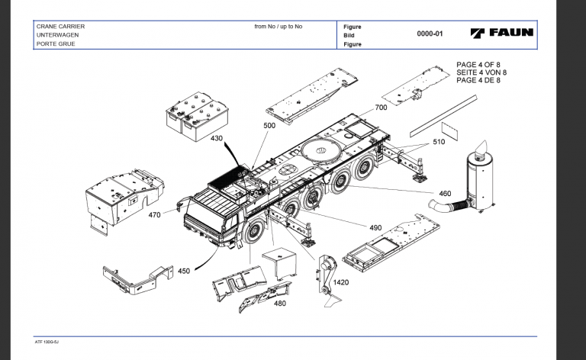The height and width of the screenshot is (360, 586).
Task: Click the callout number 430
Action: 217,139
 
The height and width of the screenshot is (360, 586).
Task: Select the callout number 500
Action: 269,125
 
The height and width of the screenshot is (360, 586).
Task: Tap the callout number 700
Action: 381,108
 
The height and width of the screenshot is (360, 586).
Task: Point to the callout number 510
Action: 439,142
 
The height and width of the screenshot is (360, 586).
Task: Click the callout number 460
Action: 444,193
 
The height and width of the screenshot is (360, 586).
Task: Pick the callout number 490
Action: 375,228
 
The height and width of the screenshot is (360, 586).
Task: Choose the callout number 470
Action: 155,215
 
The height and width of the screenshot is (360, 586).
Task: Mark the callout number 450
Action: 184,270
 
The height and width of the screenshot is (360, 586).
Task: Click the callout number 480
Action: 279,304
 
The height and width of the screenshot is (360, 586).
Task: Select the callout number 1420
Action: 341,282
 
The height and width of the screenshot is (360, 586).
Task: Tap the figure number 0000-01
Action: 430,34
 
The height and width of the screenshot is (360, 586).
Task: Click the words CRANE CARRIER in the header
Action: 60,27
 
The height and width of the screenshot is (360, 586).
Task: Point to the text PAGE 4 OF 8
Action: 481,65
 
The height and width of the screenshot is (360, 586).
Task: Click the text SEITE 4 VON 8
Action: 481,72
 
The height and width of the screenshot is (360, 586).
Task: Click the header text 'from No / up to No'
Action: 278,27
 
